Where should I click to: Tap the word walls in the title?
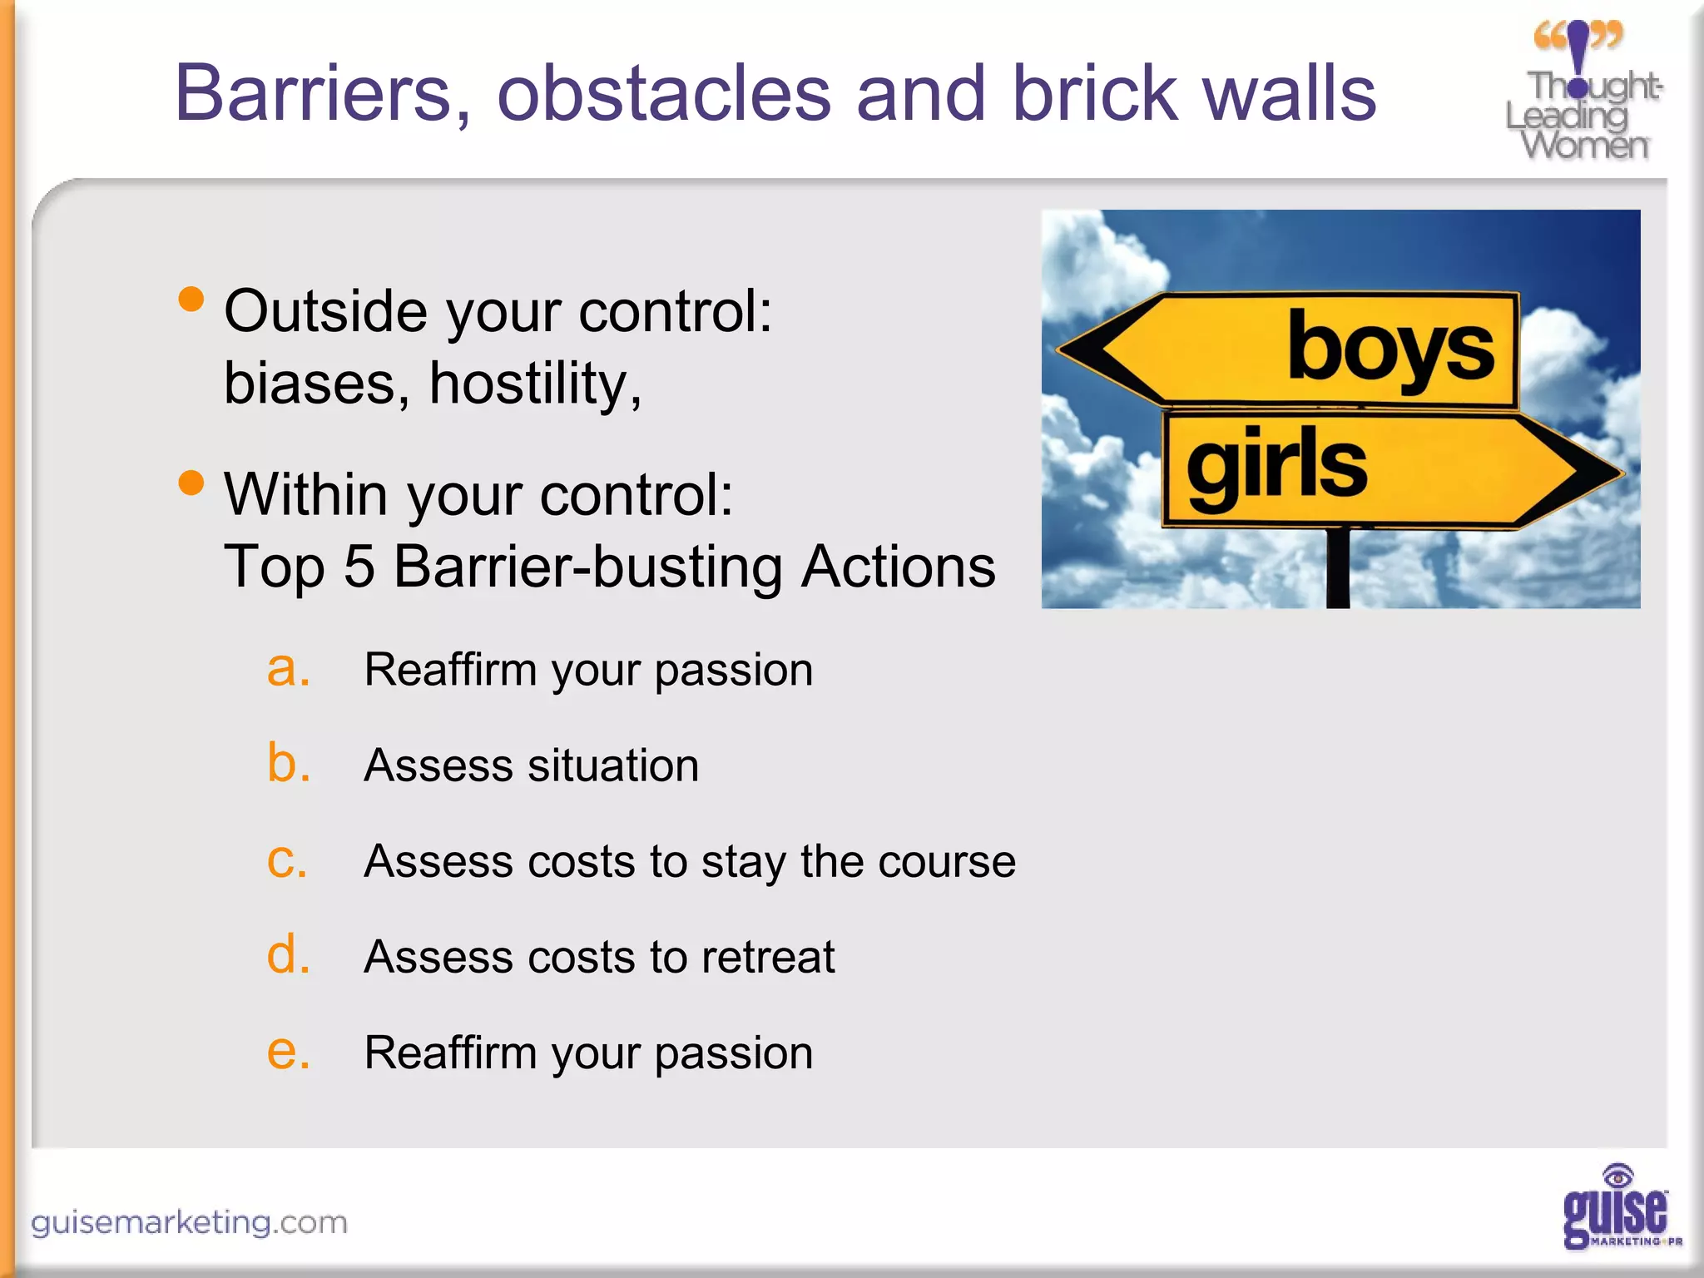pos(1289,93)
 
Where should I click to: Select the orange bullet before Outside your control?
pos(191,299)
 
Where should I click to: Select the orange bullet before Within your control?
pos(191,483)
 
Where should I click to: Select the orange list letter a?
pos(287,668)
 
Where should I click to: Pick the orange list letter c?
pos(287,860)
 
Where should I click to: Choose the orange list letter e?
pos(287,1052)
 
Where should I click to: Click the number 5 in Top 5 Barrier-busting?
pos(359,567)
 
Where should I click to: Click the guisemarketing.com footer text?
pos(189,1222)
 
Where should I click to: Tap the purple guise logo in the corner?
pos(1617,1209)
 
